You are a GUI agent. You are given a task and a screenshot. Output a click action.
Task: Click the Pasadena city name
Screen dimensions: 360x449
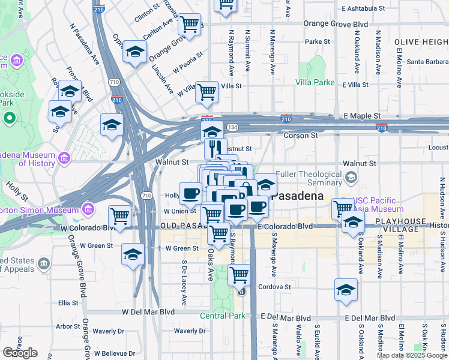pos(297,196)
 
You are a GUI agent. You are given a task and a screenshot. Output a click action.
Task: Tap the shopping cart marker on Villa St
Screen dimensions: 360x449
pos(206,92)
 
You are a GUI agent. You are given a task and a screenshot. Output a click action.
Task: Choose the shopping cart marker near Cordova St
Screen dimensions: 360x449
pos(239,274)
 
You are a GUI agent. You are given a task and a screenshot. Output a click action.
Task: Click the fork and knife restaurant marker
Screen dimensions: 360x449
pos(215,147)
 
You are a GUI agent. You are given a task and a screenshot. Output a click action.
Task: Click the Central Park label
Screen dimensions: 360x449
pos(223,316)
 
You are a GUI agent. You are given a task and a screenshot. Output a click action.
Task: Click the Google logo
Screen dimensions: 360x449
pos(20,353)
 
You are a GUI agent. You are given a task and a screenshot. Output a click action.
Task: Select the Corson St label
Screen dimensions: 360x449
pos(300,136)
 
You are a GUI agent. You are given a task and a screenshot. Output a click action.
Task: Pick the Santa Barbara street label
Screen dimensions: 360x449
pos(427,61)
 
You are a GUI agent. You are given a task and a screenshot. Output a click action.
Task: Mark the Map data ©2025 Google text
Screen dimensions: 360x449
pos(412,355)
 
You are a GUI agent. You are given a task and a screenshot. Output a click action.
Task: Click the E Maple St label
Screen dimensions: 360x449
pos(362,115)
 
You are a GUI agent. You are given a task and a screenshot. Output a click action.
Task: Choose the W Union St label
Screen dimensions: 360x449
pos(180,211)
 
